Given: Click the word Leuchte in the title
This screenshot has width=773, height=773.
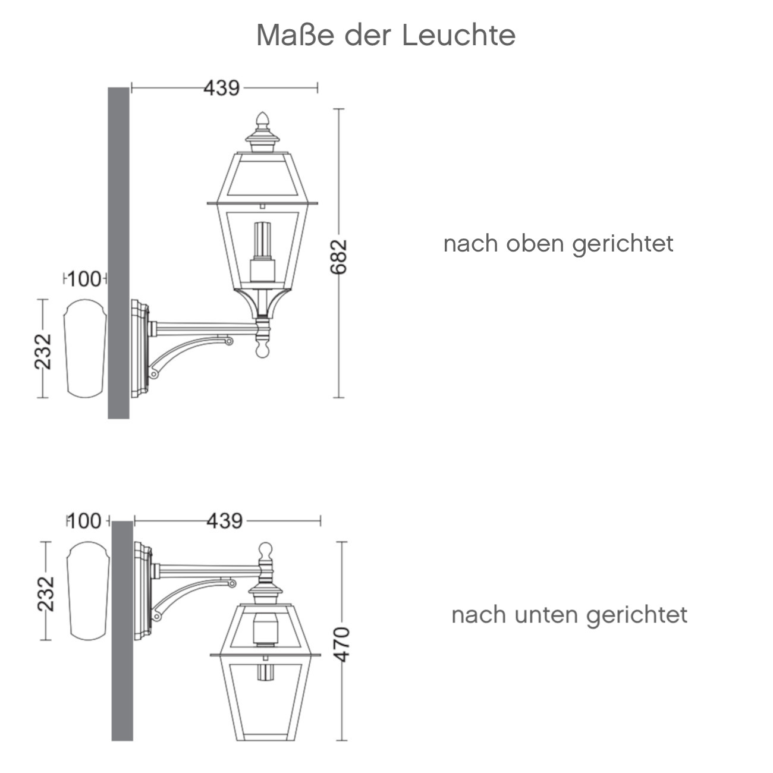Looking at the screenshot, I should tap(458, 35).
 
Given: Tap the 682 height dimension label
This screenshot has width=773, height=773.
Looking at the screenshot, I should tap(338, 257).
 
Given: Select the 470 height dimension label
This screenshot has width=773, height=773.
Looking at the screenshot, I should tap(341, 643).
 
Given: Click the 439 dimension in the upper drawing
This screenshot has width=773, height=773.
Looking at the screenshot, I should tap(222, 88).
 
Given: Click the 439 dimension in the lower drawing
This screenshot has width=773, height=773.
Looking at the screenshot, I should tap(224, 521).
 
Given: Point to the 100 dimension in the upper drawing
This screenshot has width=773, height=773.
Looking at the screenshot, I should tap(84, 278).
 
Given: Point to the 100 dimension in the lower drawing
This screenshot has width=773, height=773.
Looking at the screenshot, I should tap(84, 521).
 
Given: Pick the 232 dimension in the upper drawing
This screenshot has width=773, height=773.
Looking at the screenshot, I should tap(43, 351).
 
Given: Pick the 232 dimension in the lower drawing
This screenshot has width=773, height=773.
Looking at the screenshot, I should tap(46, 593).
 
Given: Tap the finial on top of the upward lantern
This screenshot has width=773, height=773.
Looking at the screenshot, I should tap(262, 122).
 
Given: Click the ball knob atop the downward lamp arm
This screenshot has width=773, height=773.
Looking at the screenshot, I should tap(265, 551).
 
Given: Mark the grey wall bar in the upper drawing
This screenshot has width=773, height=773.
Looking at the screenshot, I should tap(118, 253).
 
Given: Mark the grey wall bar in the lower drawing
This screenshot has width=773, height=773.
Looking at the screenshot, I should tap(122, 630).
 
